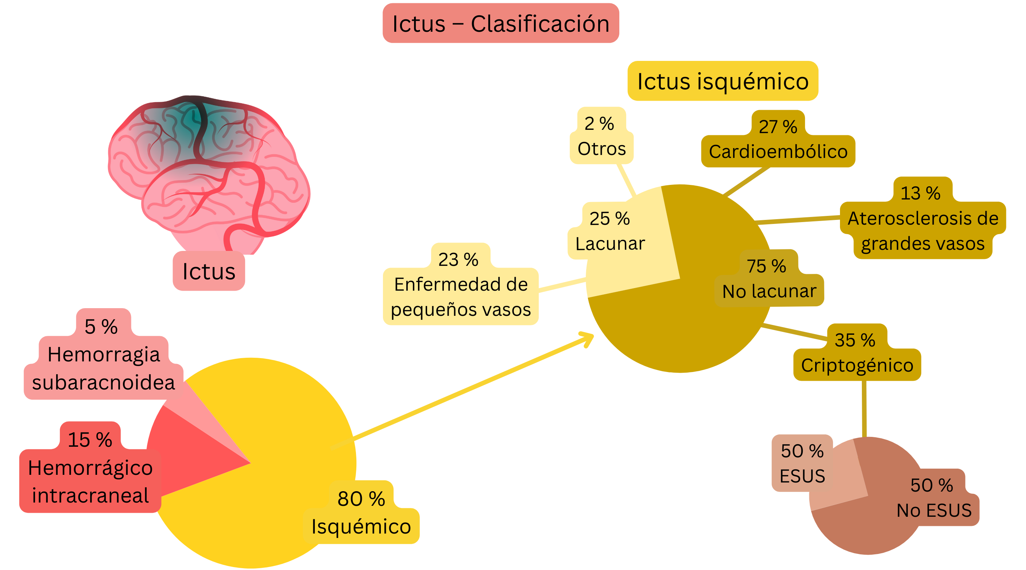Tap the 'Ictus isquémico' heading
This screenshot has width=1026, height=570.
723,81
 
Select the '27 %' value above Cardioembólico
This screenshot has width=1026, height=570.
778,127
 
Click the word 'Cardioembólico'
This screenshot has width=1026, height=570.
778,152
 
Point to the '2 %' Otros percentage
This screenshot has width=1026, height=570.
599,124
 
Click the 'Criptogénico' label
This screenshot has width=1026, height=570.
857,365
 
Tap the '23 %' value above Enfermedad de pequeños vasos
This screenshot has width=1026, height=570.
458,260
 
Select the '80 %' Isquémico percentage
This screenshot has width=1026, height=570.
361,499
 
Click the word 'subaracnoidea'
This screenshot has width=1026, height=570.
104,383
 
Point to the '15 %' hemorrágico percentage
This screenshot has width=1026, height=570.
90,440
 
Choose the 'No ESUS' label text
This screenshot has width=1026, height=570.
934,510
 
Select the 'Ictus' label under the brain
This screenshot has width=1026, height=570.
209,271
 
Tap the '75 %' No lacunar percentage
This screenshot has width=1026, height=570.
766,266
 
